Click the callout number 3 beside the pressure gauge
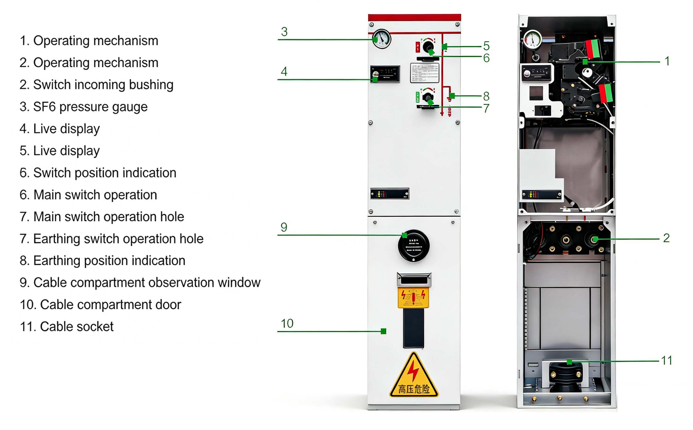[284, 32]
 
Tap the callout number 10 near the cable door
[287, 323]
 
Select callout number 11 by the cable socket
[666, 360]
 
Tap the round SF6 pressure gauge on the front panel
[382, 39]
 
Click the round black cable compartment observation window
[413, 246]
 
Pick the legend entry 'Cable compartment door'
[100, 304]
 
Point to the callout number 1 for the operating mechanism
[667, 61]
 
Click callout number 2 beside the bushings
[666, 238]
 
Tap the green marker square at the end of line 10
[383, 331]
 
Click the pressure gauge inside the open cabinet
[532, 40]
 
